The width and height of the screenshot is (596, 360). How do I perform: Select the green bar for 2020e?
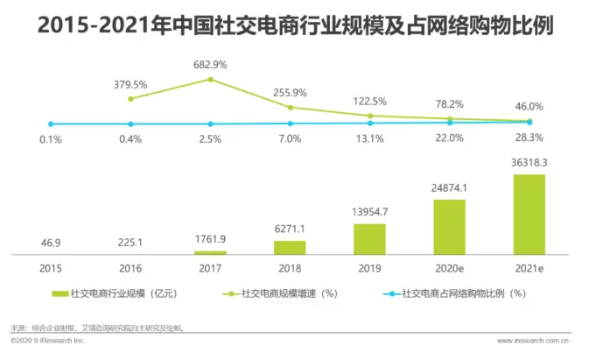pos(450,226)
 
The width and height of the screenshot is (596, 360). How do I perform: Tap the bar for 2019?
pos(369,237)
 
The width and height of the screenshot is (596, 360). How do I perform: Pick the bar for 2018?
pos(291,246)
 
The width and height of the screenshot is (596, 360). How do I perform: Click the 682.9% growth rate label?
pos(210,65)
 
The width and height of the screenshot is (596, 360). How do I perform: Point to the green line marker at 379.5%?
pos(131,98)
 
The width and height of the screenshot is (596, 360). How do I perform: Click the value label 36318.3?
pos(528,163)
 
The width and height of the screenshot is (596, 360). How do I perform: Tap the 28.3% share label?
pos(529,138)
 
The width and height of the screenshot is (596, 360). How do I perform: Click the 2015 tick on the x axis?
pos(52,267)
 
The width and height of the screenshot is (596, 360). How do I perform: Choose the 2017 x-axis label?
pos(210,267)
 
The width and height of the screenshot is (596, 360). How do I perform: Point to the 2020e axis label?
pos(449,267)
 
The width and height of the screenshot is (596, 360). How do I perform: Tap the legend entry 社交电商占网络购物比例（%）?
pos(456,293)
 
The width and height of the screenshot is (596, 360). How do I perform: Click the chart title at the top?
pos(298,25)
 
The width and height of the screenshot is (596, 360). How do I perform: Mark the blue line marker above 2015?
pos(52,124)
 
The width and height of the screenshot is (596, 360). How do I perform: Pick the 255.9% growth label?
pos(291,91)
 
